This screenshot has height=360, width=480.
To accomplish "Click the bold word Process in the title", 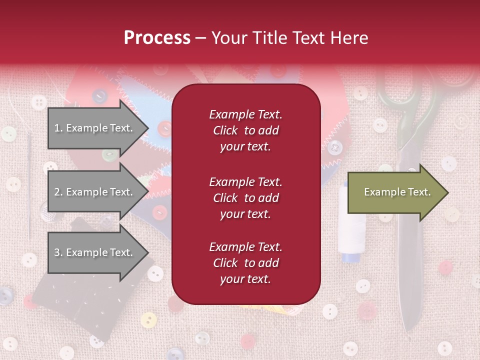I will (x=157, y=38).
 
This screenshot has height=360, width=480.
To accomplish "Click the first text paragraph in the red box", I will (x=245, y=130).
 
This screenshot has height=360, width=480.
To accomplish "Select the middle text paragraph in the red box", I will (x=245, y=198).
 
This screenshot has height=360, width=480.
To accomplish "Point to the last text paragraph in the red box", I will (x=245, y=263).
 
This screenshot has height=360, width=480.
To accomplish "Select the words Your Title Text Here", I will (x=290, y=38).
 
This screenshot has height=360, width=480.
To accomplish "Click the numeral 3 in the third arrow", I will (x=57, y=252).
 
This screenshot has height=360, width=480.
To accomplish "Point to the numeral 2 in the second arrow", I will (x=57, y=192).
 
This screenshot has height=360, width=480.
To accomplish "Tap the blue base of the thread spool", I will (x=350, y=257).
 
